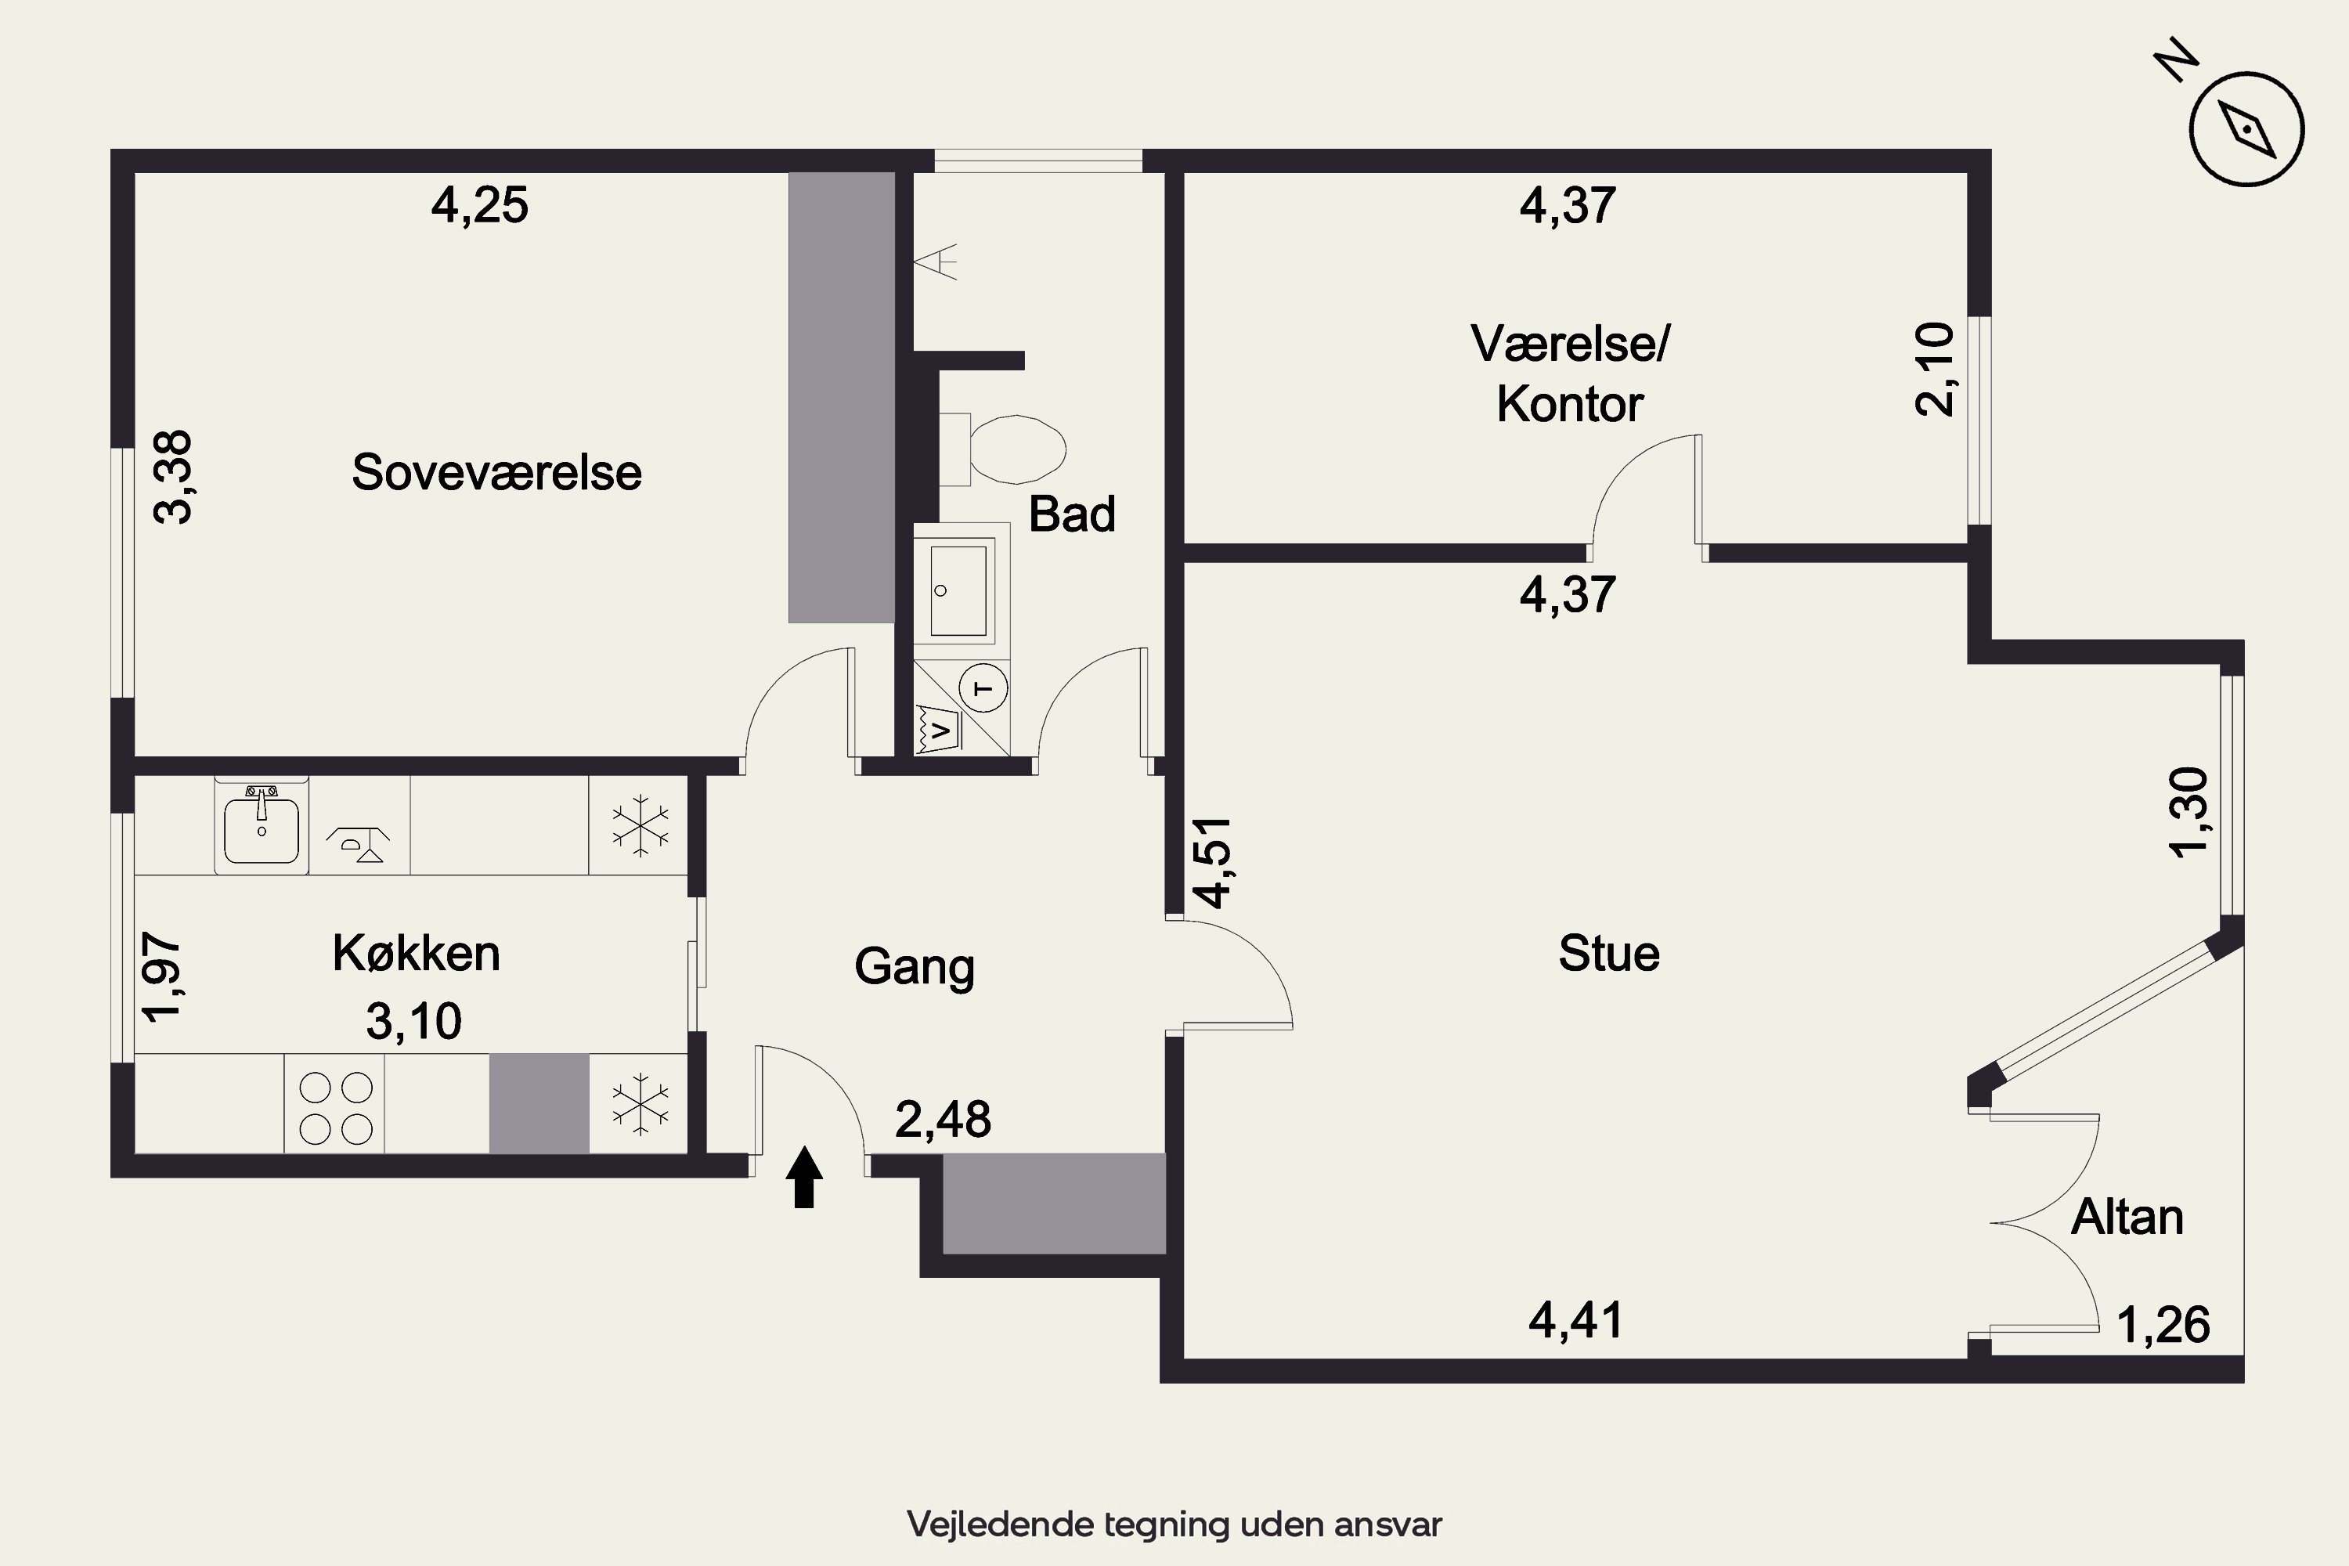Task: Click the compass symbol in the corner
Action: (x=2246, y=129)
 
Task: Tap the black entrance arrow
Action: (x=804, y=1178)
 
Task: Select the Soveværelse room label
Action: (x=496, y=472)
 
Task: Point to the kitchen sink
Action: (x=262, y=827)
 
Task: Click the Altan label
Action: (x=2127, y=1218)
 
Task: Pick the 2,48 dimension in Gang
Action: (x=943, y=1120)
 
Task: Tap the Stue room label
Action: (x=1609, y=954)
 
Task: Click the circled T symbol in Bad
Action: (x=983, y=688)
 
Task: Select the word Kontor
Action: (x=1570, y=405)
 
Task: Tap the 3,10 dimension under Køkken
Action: (x=413, y=1022)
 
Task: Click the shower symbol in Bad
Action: (x=936, y=261)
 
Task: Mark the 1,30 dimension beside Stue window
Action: (x=2188, y=812)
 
